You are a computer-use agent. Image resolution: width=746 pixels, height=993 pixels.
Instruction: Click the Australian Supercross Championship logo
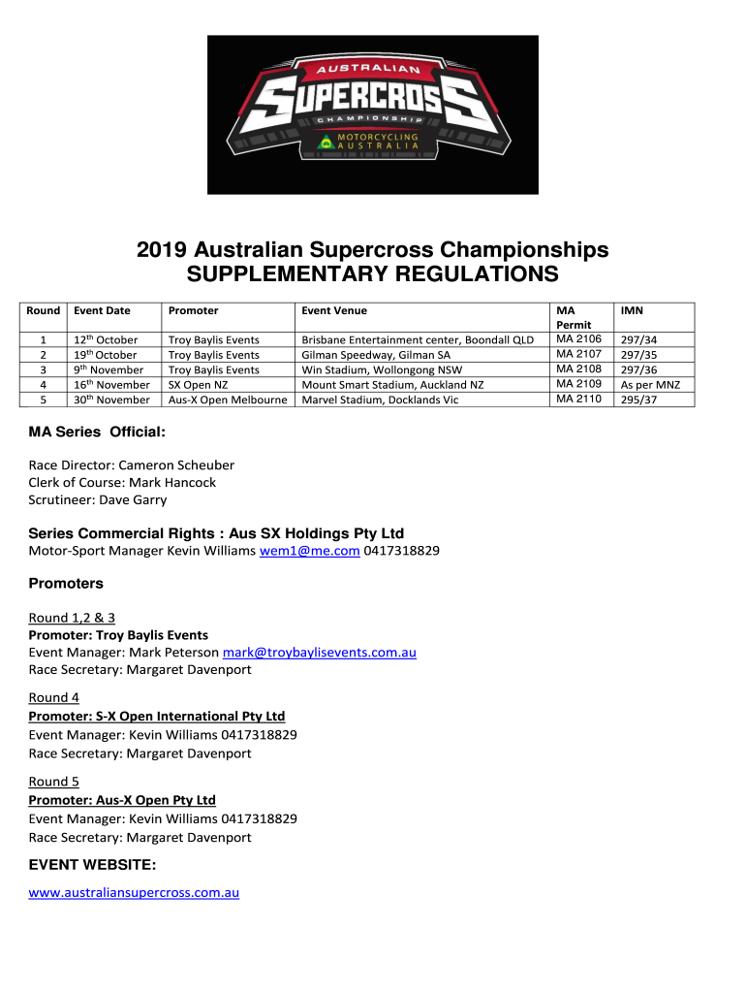coord(372,114)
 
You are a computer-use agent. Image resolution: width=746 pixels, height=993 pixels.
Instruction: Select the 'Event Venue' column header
coord(333,311)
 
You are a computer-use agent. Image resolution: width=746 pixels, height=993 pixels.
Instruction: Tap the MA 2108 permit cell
coord(580,369)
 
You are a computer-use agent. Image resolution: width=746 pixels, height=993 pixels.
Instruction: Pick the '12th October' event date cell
coord(106,340)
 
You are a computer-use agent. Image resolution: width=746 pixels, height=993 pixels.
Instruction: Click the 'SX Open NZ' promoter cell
coord(198,385)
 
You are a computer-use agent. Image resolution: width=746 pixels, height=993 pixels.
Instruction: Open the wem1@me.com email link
coord(308,551)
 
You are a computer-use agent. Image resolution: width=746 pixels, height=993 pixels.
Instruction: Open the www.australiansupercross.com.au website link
coord(134,892)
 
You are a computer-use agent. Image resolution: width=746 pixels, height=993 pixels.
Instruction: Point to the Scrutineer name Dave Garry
coord(131,499)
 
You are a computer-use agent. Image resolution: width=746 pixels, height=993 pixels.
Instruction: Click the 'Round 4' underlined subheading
coord(54,697)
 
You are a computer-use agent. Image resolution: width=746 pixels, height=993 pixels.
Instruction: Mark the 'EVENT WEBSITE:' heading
coord(93,864)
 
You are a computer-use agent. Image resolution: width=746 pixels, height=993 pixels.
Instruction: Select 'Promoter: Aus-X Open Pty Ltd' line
coord(122,800)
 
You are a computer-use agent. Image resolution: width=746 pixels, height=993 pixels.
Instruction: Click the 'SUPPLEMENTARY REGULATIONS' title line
coord(372,274)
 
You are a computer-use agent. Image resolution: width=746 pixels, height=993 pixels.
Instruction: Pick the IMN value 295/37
coord(637,400)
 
